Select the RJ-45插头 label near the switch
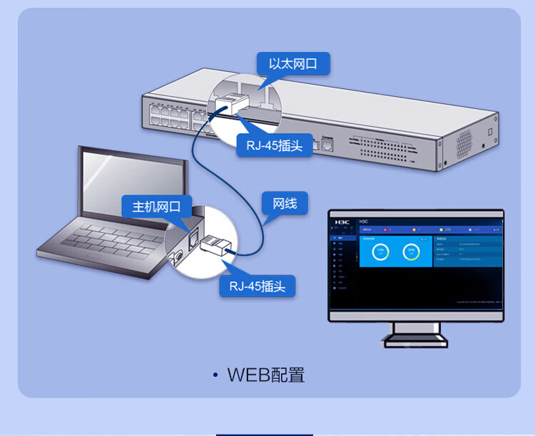pyautogui.click(x=275, y=146)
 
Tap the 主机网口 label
pyautogui.click(x=156, y=207)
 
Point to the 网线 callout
pyautogui.click(x=285, y=203)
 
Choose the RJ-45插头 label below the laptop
pyautogui.click(x=258, y=286)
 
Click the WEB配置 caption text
pyautogui.click(x=266, y=375)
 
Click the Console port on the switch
pyautogui.click(x=327, y=145)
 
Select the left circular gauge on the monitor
pyautogui.click(x=380, y=251)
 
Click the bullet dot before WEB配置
pyautogui.click(x=215, y=375)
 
